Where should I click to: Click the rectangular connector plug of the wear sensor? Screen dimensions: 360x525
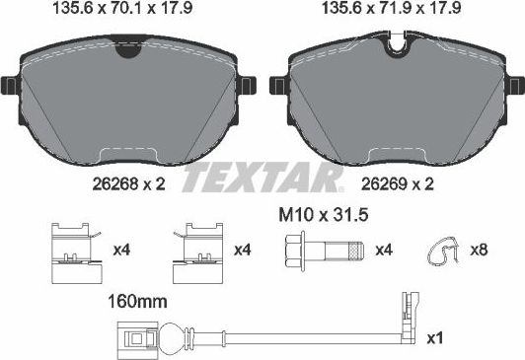point(127,340)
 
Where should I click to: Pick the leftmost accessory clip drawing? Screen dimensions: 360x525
point(71,251)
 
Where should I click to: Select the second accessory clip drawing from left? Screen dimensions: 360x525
point(193,251)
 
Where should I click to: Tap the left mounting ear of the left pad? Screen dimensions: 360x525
point(11,88)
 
